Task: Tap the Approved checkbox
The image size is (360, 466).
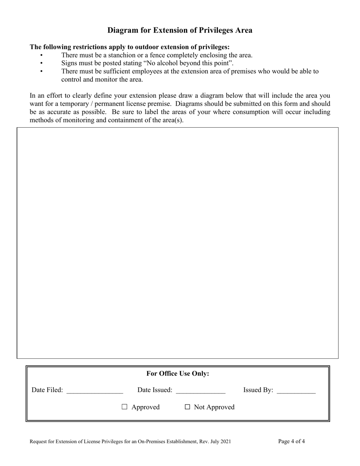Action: [124, 407]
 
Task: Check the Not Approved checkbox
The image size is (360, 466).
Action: [187, 407]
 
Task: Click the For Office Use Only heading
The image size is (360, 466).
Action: [178, 374]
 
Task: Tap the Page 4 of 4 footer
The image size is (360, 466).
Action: [291, 441]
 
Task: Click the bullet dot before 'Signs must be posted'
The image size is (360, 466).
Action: [41, 63]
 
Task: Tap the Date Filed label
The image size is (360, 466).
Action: [47, 390]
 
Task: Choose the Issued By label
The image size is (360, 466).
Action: [258, 390]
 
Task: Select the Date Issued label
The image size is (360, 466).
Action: [155, 390]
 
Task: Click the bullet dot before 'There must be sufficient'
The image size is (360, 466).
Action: [41, 71]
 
